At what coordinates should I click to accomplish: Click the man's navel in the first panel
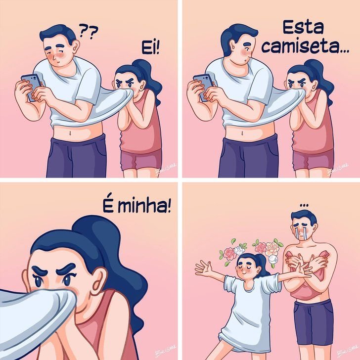(x=73, y=132)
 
